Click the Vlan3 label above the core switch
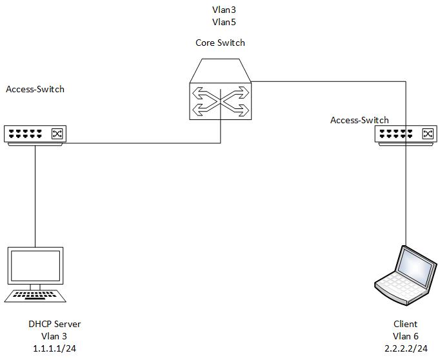224,10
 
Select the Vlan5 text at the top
224,22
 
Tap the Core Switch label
220,43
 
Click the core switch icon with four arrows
221,90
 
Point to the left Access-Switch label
35,89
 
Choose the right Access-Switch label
359,120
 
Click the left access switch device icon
35,135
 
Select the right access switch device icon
406,135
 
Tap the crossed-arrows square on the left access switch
57,134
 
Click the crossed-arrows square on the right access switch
428,134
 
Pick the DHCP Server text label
54,324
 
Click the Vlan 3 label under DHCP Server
54,336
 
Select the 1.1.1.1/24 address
54,348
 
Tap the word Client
405,324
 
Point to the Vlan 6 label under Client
406,336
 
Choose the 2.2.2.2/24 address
406,348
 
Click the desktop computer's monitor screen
35,266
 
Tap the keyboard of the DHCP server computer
35,296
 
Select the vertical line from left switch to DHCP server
35,196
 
